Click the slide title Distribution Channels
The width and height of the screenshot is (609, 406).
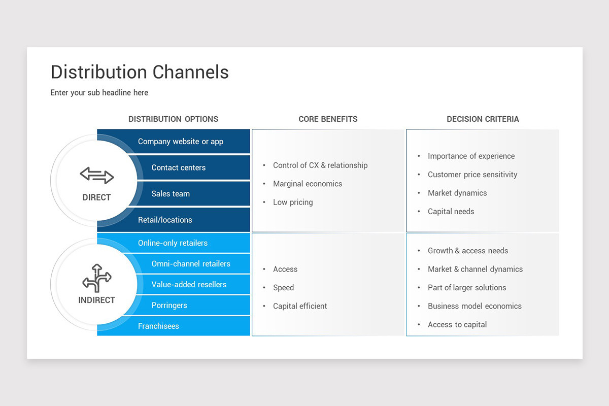coord(140,72)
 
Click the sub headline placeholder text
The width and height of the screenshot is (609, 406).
coord(99,92)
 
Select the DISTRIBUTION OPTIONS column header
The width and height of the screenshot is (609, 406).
coord(173,119)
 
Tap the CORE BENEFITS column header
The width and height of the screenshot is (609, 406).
coord(328,119)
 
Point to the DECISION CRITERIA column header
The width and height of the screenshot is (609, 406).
coord(483,119)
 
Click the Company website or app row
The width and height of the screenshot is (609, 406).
coord(181,142)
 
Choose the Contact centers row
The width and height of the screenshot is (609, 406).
coord(178,167)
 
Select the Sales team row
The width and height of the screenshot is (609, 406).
coord(171,194)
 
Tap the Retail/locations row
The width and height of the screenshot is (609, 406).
coord(165,220)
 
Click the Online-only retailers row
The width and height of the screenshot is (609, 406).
coord(173,243)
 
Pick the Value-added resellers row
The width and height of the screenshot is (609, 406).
coord(189,285)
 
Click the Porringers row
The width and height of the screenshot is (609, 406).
coord(169,306)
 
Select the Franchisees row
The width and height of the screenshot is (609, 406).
coord(158,326)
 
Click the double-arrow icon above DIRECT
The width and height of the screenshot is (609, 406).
coord(96,176)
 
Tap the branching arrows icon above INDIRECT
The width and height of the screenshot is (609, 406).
coord(96,278)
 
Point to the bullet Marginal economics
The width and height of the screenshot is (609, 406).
coord(308,184)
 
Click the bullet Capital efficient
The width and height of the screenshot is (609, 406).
coord(300,306)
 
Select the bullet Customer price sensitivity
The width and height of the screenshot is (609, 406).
coord(472,175)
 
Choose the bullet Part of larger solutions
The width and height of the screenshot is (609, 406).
coord(467,288)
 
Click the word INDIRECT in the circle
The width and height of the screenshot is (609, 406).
coord(96,300)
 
